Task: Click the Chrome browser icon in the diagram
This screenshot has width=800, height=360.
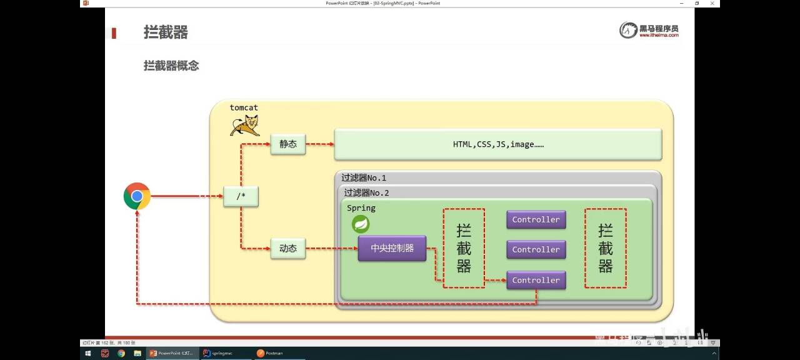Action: pos(137,196)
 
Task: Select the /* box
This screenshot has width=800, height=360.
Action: pos(241,196)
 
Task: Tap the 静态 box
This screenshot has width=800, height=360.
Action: pos(288,144)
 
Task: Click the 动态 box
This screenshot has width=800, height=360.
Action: pos(288,248)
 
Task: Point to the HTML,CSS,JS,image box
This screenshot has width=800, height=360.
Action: pos(498,144)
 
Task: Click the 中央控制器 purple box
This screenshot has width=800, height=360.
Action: pos(392,248)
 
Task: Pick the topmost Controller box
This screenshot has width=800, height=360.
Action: pos(536,219)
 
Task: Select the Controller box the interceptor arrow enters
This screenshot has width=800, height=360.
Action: pos(536,280)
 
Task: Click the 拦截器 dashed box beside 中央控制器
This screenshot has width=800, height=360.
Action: pos(464,248)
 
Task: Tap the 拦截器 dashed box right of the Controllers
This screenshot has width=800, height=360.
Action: pos(605,248)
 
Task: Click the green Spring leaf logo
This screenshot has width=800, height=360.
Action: pos(361,224)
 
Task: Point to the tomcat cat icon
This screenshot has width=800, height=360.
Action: pos(244,125)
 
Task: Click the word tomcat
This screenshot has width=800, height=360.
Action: pos(244,107)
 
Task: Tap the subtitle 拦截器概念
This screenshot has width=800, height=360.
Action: pos(171,66)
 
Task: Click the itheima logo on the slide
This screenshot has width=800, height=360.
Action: pos(649,30)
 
